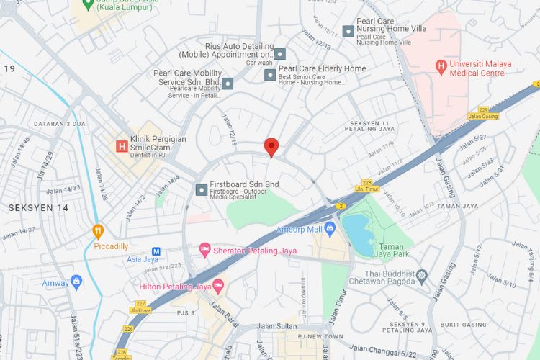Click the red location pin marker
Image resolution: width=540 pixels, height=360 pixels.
tap(271, 146)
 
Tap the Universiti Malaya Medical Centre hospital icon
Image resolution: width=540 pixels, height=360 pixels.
tap(441, 68)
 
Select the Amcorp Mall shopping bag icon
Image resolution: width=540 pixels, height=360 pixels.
tap(330, 230)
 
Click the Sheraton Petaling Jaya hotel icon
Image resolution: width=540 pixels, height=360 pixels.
tap(205, 250)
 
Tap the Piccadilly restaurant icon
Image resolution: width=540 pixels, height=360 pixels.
tap(99, 231)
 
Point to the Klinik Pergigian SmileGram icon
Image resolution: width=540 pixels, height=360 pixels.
tap(122, 146)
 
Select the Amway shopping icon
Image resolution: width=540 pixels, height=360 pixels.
tap(76, 282)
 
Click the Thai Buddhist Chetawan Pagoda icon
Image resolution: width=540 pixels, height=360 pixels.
tap(422, 275)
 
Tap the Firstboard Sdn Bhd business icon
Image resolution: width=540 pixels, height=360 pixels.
tap(201, 189)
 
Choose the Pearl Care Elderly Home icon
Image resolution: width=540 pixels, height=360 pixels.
tap(270, 74)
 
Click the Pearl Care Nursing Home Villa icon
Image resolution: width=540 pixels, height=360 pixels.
tap(348, 31)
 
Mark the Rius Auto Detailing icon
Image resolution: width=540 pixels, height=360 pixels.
tap(280, 54)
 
